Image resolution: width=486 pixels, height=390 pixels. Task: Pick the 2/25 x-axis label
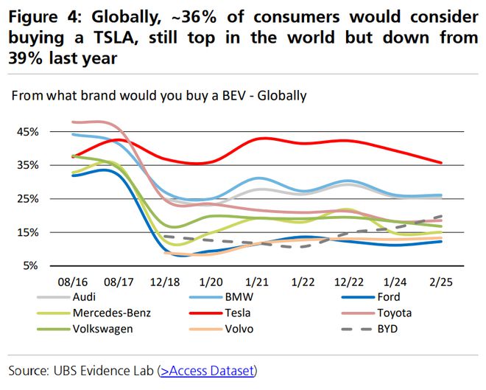(440, 282)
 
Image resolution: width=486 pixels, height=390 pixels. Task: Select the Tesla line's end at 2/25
(440, 162)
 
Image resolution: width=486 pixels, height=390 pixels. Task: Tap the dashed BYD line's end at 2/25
(440, 216)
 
